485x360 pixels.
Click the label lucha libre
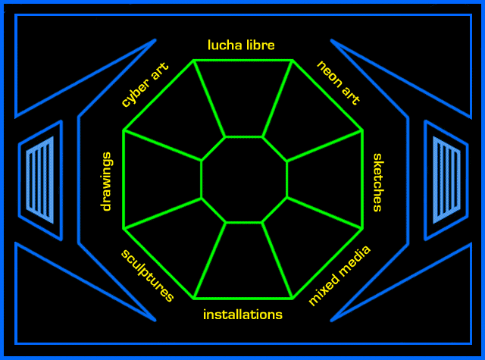(x=242, y=45)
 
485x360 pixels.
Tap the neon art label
(x=338, y=83)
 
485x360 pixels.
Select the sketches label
(x=377, y=182)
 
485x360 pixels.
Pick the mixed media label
(x=340, y=276)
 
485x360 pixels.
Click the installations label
(x=242, y=314)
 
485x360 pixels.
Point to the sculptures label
(x=147, y=274)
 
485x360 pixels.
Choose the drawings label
(x=107, y=182)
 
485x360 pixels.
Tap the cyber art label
(x=145, y=85)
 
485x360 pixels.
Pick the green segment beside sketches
(x=326, y=180)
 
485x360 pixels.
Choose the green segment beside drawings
(x=161, y=180)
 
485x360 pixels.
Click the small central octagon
(x=243, y=180)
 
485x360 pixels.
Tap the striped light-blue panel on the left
(x=40, y=180)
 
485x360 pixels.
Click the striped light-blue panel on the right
(x=446, y=180)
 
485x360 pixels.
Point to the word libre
(x=258, y=45)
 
